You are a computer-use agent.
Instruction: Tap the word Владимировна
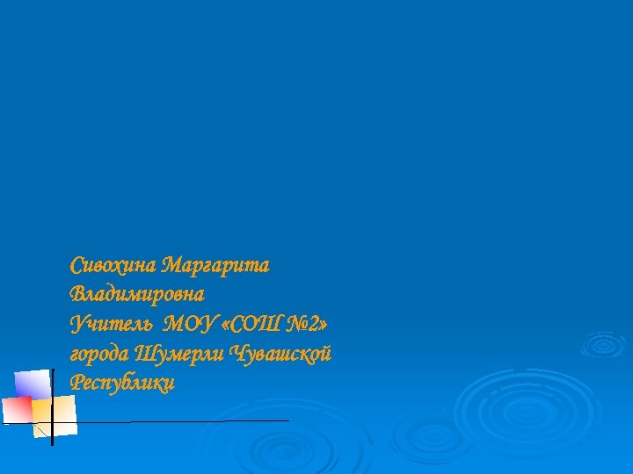click(x=137, y=293)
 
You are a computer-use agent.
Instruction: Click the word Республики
click(x=122, y=383)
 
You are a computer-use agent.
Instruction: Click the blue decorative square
click(x=33, y=384)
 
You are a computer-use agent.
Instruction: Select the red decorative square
click(x=17, y=409)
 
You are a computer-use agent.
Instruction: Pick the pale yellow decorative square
click(x=55, y=415)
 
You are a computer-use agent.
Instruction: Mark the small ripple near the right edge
click(x=605, y=343)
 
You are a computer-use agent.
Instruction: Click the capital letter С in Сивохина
click(x=76, y=264)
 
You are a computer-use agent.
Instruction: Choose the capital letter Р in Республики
click(x=76, y=383)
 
